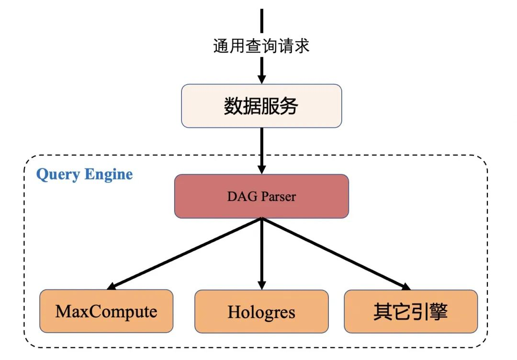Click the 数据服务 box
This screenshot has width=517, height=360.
tap(261, 106)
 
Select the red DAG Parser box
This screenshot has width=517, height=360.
tap(261, 196)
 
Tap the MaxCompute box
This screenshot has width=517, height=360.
tap(106, 311)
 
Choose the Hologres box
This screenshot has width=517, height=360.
tap(261, 312)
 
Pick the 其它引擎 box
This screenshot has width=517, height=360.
tap(411, 311)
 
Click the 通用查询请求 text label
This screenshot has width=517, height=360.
tap(261, 46)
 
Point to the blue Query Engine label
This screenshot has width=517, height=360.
tap(85, 174)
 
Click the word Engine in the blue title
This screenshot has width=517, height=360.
tap(109, 174)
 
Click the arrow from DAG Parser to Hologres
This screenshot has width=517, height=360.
tap(261, 251)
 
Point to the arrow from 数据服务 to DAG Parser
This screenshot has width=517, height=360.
tap(261, 148)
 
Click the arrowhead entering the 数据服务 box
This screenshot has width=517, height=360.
tap(261, 79)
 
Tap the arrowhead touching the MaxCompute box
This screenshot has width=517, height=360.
tap(112, 286)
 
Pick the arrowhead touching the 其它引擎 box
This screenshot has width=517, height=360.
tap(406, 286)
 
